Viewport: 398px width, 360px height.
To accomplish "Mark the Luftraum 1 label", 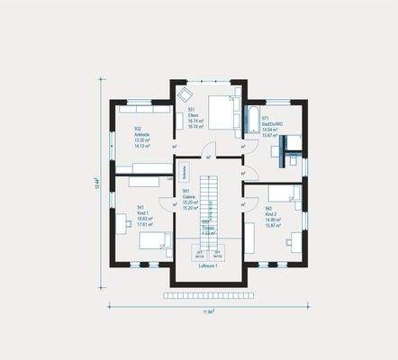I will [209, 267].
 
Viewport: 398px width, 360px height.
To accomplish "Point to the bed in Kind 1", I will [154, 240].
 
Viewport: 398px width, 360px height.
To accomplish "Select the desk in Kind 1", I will [122, 223].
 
